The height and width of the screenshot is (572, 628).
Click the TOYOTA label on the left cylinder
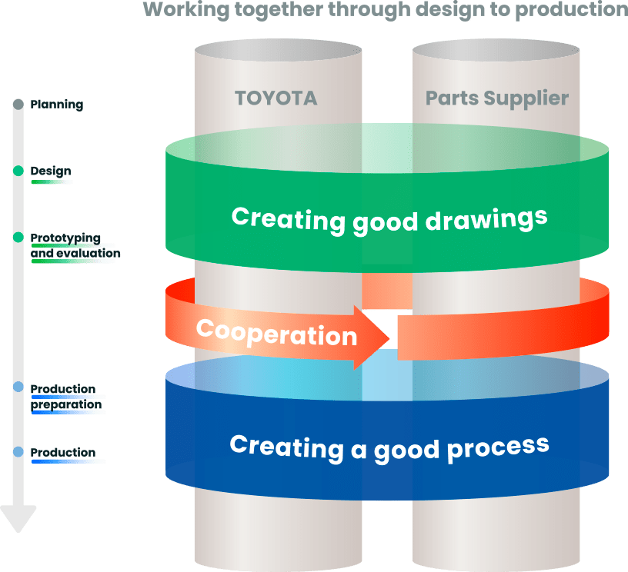(x=276, y=98)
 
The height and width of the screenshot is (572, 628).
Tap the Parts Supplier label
(x=497, y=98)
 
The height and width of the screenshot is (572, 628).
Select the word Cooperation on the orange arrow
(x=276, y=332)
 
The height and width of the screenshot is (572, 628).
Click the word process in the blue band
(x=499, y=445)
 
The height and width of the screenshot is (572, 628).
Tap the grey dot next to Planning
(x=18, y=104)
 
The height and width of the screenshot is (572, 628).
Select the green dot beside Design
(x=18, y=171)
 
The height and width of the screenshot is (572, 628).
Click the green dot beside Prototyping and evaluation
(x=18, y=238)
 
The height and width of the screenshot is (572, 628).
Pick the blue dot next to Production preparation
(x=18, y=388)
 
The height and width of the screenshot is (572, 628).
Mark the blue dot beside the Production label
(x=18, y=453)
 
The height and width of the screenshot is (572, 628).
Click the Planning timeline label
(x=57, y=104)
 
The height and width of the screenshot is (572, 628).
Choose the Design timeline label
(x=51, y=171)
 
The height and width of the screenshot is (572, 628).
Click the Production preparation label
(x=65, y=397)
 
